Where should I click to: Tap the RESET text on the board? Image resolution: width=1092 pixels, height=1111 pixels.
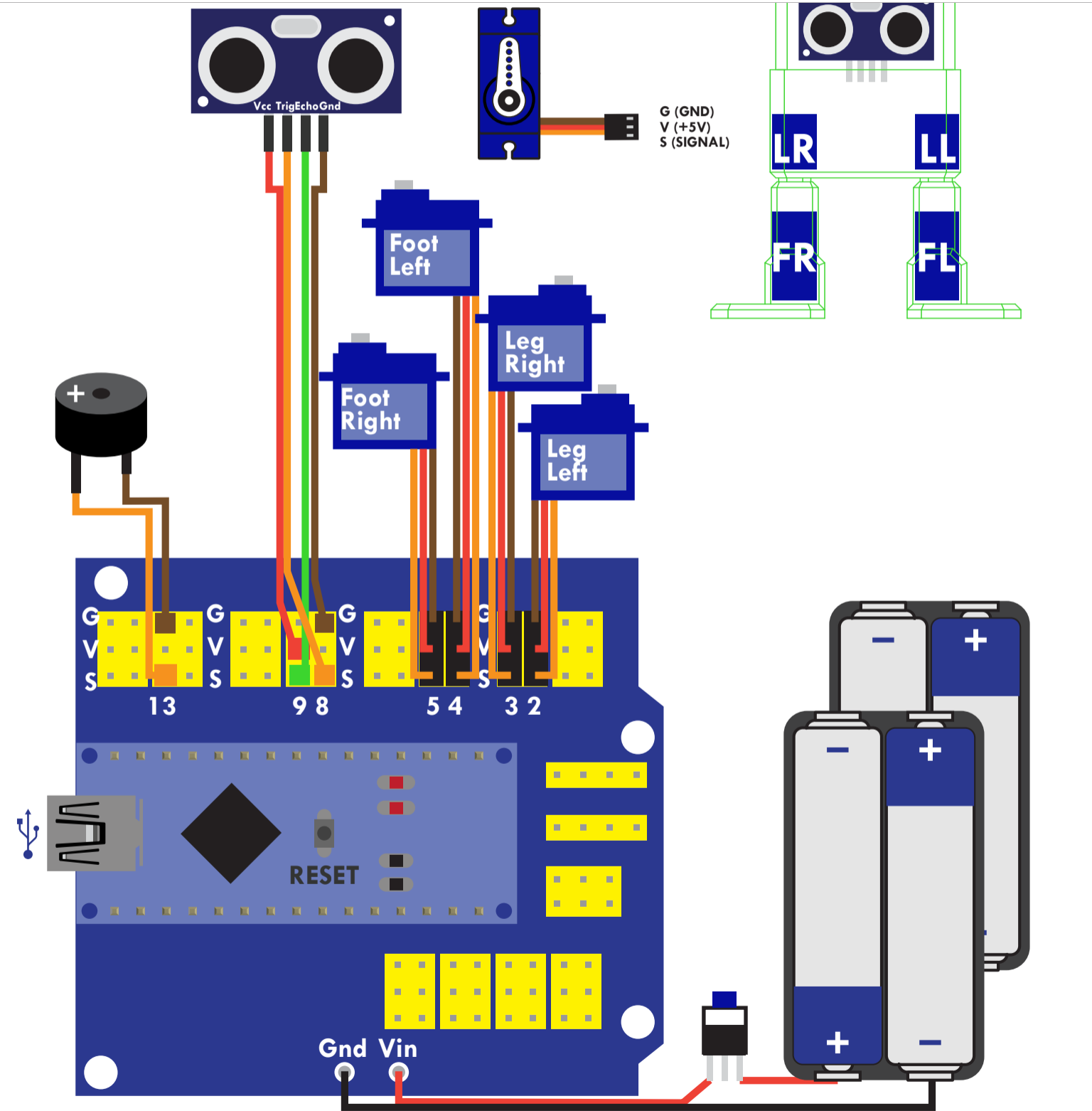323,876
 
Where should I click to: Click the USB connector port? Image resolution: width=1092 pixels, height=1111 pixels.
92,833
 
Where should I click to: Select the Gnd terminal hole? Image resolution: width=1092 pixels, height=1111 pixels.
345,1071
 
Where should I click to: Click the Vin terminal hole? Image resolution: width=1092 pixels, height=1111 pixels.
399,1071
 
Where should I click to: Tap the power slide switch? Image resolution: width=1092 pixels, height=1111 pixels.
724,1024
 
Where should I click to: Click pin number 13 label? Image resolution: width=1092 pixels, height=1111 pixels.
162,706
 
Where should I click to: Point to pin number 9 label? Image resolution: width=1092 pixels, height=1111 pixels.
299,706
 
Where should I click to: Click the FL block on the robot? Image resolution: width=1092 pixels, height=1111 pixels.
937,256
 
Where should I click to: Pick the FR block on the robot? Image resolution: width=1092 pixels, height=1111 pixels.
794,256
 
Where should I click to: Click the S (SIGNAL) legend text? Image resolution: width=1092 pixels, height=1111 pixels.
695,142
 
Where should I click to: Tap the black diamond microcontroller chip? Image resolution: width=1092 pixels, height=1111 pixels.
231,833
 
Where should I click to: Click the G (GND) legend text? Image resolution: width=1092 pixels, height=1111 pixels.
687,112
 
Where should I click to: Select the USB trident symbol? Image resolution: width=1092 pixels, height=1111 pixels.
28,833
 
